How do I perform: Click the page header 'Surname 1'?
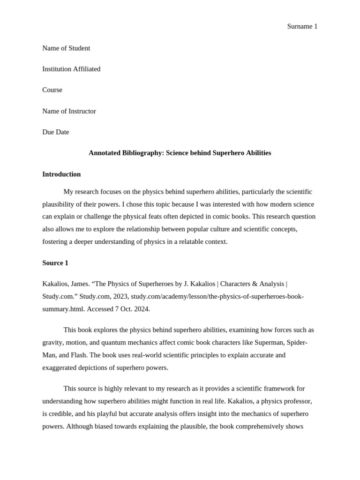[302, 27]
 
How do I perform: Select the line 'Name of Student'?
[66, 48]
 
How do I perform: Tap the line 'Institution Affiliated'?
[71, 69]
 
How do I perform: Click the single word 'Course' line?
[52, 90]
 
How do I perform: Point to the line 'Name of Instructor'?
[69, 112]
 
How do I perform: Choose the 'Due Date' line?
[55, 132]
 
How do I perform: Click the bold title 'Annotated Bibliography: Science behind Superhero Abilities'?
[180, 153]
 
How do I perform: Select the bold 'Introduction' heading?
[61, 174]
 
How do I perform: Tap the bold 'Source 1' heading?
[55, 263]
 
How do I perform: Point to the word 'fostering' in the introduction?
[56, 242]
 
